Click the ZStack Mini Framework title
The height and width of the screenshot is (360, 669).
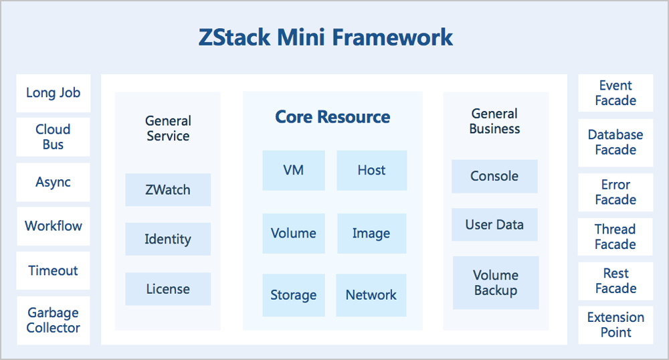pyautogui.click(x=326, y=37)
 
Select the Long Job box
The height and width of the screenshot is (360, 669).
pyautogui.click(x=54, y=93)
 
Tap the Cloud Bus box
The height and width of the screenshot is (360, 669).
pyautogui.click(x=54, y=137)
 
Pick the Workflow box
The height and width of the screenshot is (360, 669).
pyautogui.click(x=54, y=226)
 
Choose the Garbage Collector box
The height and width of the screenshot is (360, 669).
pyautogui.click(x=54, y=321)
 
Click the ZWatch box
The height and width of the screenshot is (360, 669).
pyautogui.click(x=168, y=190)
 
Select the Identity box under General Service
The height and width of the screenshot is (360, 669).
pyautogui.click(x=168, y=239)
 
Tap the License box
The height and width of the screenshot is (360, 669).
pyautogui.click(x=168, y=289)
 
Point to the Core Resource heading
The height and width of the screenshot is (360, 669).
pyautogui.click(x=332, y=117)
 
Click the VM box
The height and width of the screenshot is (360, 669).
pyautogui.click(x=294, y=170)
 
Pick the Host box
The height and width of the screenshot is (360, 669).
pyautogui.click(x=371, y=170)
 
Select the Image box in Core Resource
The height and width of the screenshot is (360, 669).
pyautogui.click(x=371, y=234)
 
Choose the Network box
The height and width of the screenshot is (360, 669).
pyautogui.click(x=371, y=295)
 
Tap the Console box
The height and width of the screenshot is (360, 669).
pyautogui.click(x=494, y=176)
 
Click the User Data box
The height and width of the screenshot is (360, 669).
pyautogui.click(x=494, y=225)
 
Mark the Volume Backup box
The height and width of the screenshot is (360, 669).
pyautogui.click(x=496, y=283)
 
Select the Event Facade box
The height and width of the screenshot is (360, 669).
pyautogui.click(x=615, y=93)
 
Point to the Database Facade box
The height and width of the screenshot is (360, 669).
pyautogui.click(x=615, y=143)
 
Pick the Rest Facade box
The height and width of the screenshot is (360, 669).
pyautogui.click(x=615, y=281)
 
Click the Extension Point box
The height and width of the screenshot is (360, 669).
pyautogui.click(x=615, y=325)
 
